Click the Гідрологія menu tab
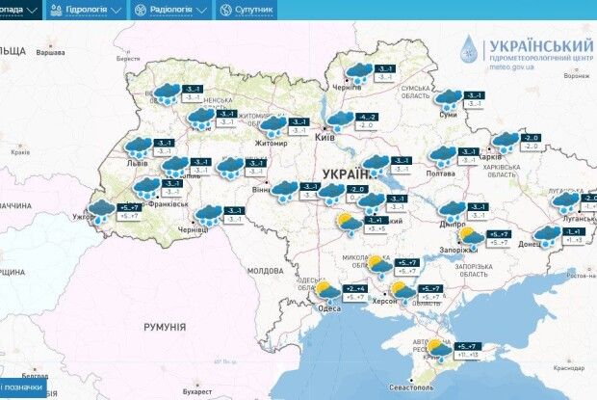(x=88, y=10)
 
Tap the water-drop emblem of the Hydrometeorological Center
(x=468, y=50)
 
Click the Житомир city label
(x=271, y=144)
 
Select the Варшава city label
(x=49, y=53)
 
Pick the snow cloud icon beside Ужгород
(x=101, y=211)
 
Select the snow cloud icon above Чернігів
(x=359, y=71)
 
